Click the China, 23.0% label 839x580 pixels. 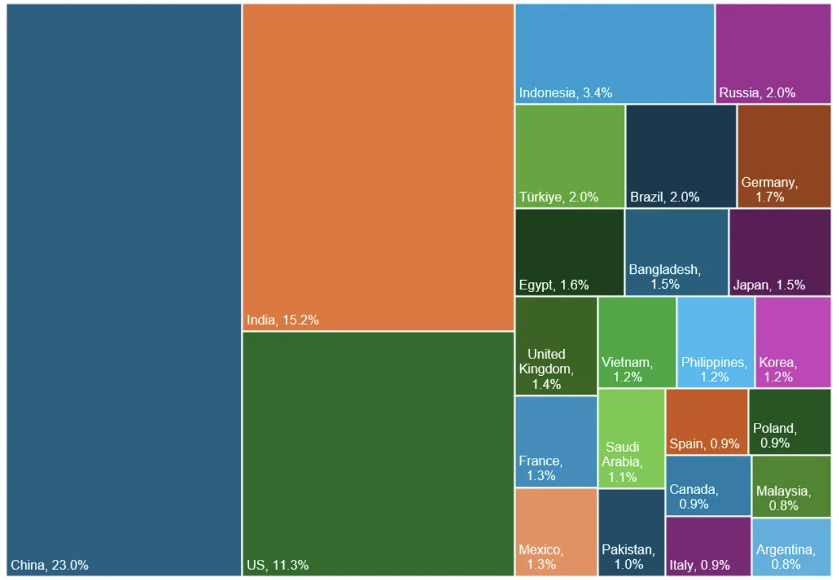coord(50,565)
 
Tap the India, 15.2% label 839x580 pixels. coord(283,320)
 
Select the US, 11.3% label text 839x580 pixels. coord(277,565)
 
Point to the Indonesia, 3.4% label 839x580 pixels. coord(565,93)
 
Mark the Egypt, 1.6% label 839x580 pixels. coord(554,285)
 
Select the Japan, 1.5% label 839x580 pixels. coord(769,285)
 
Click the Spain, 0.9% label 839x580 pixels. coord(704,444)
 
